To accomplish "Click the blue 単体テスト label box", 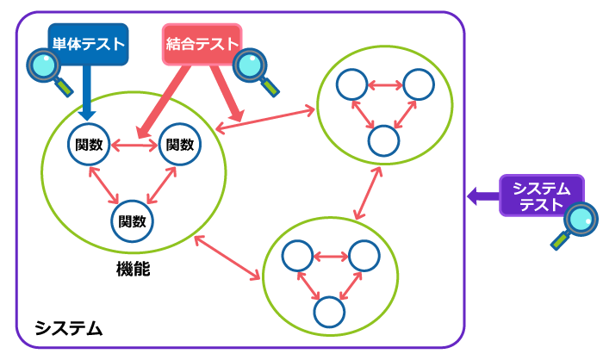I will [88, 44].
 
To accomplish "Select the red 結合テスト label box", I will [202, 44].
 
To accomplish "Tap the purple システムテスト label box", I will [541, 196].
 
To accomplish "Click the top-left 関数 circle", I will [89, 145].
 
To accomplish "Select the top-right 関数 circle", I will [179, 145].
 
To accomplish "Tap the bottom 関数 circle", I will [132, 221].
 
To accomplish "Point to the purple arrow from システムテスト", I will [482, 196].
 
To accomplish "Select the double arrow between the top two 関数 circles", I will [134, 146].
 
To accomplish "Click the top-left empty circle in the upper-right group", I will [351, 84].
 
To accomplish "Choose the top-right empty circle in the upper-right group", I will [418, 84].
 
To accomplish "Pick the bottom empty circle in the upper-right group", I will [383, 140].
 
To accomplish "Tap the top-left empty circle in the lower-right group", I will [297, 256].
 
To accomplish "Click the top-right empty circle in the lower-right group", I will [364, 256].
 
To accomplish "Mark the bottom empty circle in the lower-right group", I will [329, 312].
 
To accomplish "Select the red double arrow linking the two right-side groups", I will [368, 193].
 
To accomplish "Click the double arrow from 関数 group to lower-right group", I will [227, 258].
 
